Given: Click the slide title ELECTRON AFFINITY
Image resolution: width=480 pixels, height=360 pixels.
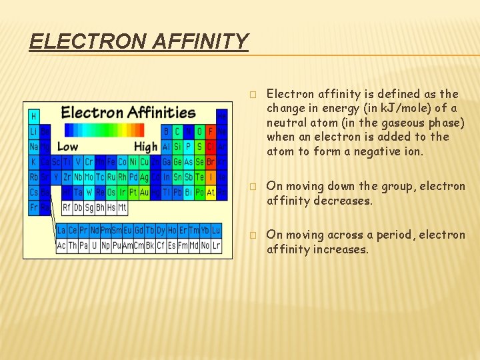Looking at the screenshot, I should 139,41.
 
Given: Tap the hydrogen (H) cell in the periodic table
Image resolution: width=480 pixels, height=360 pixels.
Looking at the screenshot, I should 34,116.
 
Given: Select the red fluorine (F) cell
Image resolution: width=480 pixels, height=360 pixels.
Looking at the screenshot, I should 211,131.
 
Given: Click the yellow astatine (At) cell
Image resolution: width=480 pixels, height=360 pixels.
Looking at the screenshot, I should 211,193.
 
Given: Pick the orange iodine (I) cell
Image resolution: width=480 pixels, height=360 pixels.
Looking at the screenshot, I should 211,177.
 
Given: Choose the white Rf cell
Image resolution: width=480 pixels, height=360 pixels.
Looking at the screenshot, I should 67,208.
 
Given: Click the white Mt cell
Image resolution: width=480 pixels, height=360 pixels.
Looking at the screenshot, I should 121,208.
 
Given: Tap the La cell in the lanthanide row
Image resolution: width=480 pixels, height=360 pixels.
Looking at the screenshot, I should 62,231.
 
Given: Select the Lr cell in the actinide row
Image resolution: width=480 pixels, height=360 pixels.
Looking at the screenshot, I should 216,245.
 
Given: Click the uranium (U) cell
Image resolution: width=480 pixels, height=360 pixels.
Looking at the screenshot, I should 95,245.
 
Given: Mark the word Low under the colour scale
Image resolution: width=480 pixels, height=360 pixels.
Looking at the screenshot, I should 67,147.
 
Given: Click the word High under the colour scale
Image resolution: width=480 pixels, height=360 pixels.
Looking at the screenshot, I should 145,147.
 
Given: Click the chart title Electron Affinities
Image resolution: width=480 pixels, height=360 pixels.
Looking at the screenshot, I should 128,112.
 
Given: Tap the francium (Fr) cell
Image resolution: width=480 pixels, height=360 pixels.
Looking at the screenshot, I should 34,208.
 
